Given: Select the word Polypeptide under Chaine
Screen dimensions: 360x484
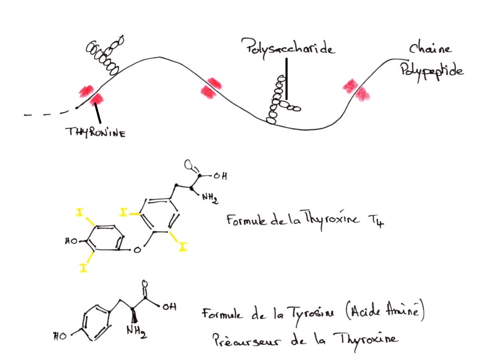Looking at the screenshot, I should [x=432, y=70].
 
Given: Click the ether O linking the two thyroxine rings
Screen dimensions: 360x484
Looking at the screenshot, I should [x=137, y=250].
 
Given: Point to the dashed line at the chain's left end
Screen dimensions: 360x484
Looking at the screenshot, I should [x=47, y=114].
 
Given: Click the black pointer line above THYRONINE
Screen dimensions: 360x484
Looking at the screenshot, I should [x=98, y=114].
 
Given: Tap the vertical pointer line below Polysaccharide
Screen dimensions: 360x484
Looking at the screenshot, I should [x=287, y=78].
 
